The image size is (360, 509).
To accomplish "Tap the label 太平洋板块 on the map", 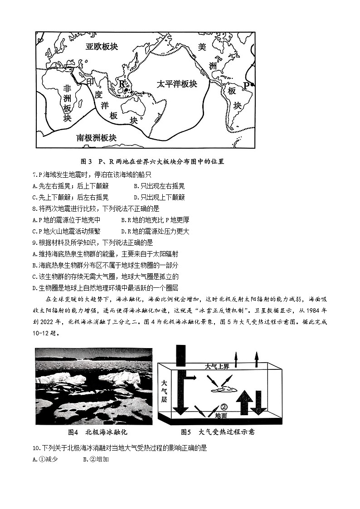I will pos(177,84).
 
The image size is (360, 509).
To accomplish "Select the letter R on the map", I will pos(121,83).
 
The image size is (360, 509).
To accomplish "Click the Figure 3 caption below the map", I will pos(152,161).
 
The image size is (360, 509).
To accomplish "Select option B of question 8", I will pos(155,220).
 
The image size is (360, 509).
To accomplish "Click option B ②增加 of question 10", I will pos(96,460).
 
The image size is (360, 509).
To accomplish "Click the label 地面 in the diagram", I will pos(221,416).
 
